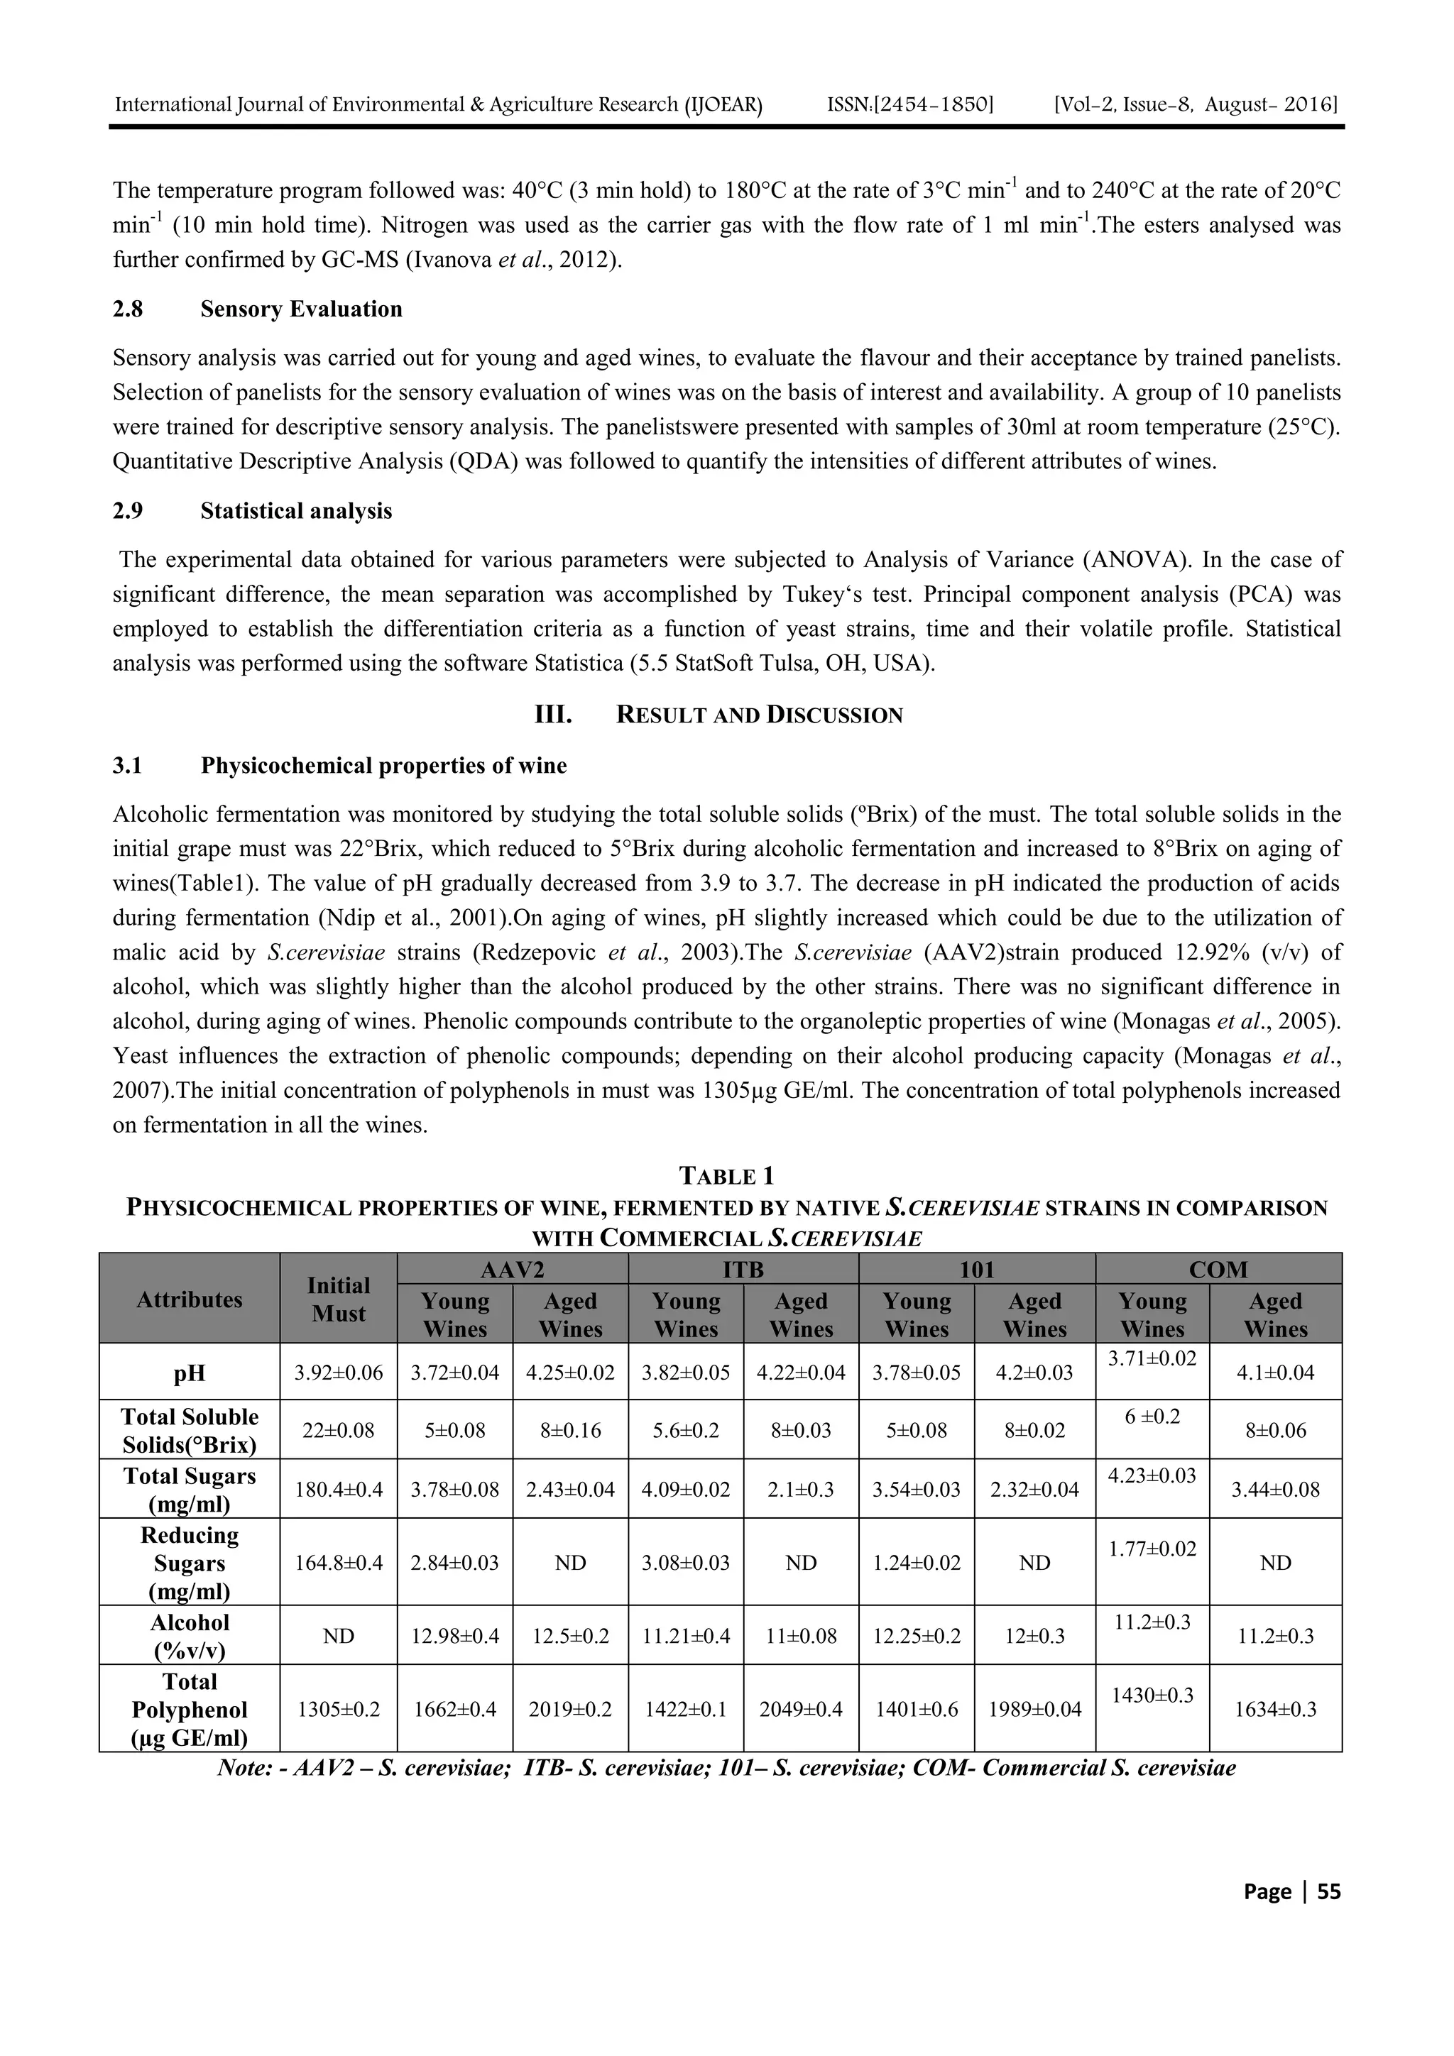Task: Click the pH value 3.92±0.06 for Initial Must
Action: coord(338,1372)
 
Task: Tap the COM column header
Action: coord(1218,1269)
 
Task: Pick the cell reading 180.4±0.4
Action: coord(338,1489)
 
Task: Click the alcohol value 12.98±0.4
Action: coord(454,1635)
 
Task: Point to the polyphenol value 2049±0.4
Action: coord(800,1708)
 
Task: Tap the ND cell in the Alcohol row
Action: coord(338,1635)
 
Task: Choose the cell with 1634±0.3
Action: coord(1275,1708)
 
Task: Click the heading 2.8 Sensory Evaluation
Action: coord(301,309)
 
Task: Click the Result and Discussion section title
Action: coord(759,715)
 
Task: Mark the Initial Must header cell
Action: coord(338,1299)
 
